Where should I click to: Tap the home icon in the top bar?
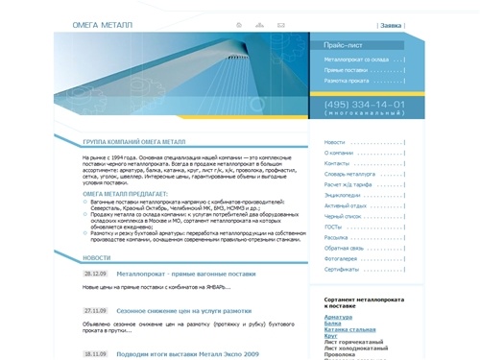pyautogui.click(x=238, y=24)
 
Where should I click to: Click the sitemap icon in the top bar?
pyautogui.click(x=259, y=24)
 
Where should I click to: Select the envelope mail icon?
pyautogui.click(x=281, y=24)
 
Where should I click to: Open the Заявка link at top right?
pyautogui.click(x=390, y=25)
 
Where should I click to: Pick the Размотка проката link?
pyautogui.click(x=347, y=83)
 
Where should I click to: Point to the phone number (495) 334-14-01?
pyautogui.click(x=364, y=104)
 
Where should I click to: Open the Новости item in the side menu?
pyautogui.click(x=335, y=142)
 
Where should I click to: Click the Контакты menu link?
pyautogui.click(x=337, y=163)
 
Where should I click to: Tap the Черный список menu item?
pyautogui.click(x=345, y=216)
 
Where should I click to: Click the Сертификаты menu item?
pyautogui.click(x=342, y=269)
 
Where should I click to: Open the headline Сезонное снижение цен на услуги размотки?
pyautogui.click(x=183, y=311)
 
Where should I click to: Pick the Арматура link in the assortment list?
pyautogui.click(x=339, y=316)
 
